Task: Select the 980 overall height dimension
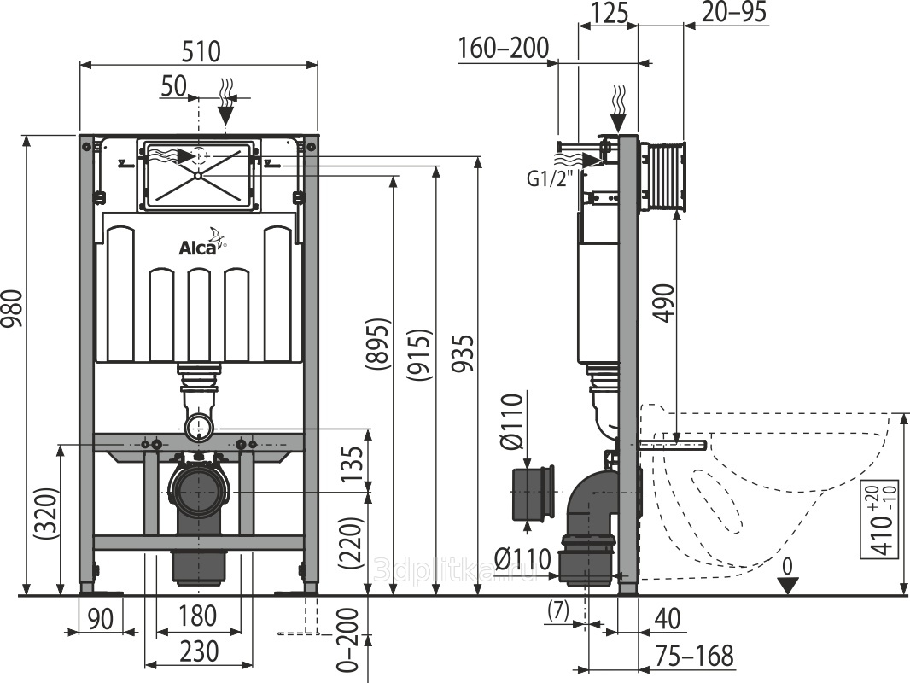[x=13, y=309]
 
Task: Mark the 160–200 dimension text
[x=503, y=49]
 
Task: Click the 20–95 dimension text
[x=734, y=12]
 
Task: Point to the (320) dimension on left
[x=46, y=515]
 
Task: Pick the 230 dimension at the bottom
[x=199, y=651]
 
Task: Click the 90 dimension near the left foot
[x=101, y=619]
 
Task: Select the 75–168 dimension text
[x=694, y=655]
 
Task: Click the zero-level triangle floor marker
[x=787, y=586]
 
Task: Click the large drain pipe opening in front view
[x=199, y=492]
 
